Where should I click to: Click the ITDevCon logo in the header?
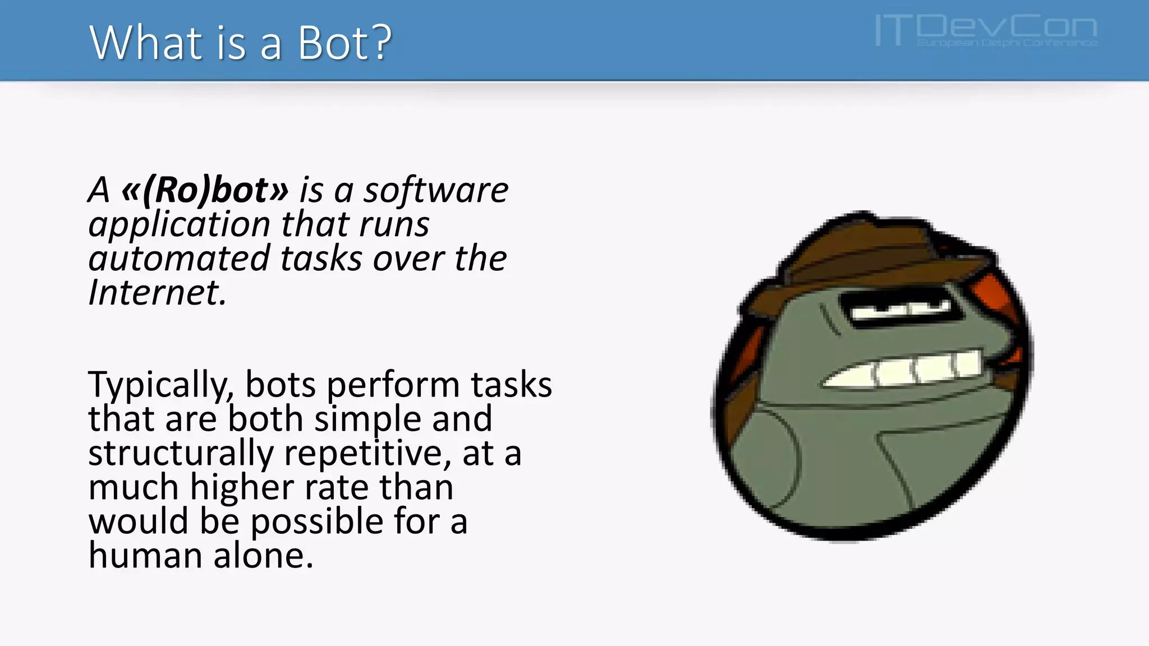click(986, 30)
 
